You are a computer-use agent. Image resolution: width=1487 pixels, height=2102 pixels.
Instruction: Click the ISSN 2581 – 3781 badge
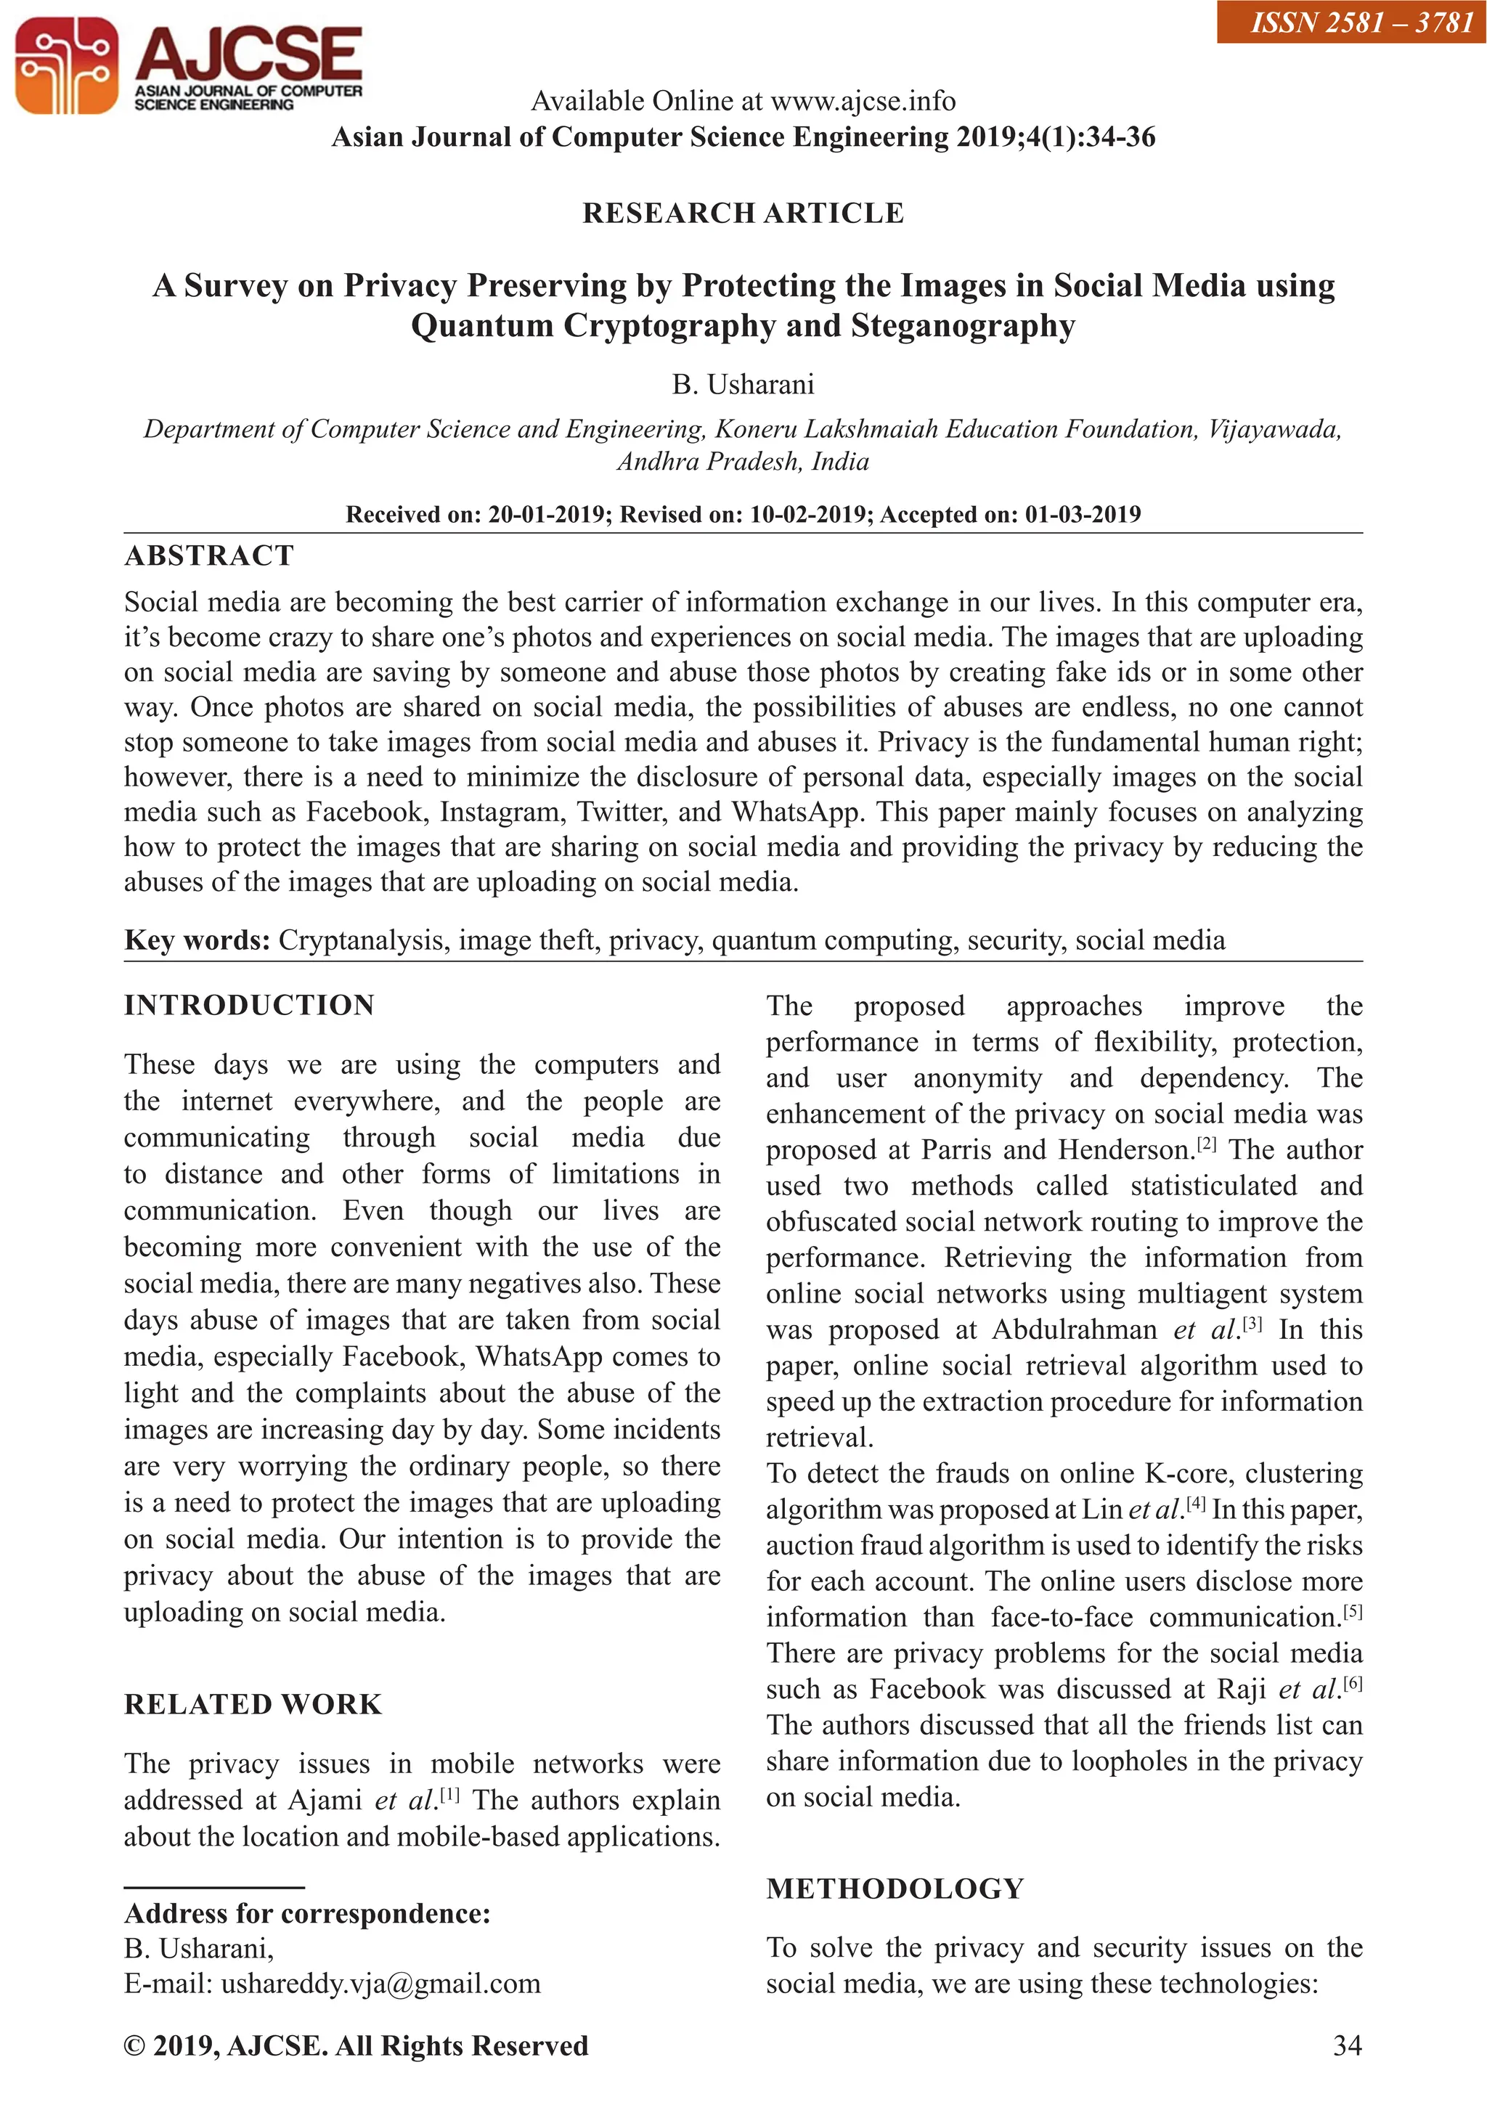[x=1350, y=21]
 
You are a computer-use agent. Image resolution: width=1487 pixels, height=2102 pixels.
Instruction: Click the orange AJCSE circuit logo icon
[x=66, y=65]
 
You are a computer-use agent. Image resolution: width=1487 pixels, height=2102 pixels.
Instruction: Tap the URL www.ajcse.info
[x=863, y=101]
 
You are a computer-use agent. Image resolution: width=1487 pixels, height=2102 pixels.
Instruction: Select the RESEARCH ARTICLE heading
[x=743, y=213]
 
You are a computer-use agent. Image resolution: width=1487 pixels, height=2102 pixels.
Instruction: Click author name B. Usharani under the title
[x=743, y=385]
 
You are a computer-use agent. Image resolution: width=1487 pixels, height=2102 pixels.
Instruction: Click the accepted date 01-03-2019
[x=1083, y=515]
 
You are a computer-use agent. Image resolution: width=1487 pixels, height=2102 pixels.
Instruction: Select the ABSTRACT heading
[x=209, y=555]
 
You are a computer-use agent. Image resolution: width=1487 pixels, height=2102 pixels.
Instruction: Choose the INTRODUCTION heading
[x=249, y=1005]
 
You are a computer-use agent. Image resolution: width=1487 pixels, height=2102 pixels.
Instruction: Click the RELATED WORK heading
[x=253, y=1705]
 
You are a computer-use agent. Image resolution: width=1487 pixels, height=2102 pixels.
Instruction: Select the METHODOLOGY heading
[x=895, y=1889]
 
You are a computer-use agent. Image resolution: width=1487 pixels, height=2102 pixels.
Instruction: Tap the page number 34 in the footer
[x=1347, y=2046]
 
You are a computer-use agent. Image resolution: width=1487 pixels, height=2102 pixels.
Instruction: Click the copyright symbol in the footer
[x=134, y=2046]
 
